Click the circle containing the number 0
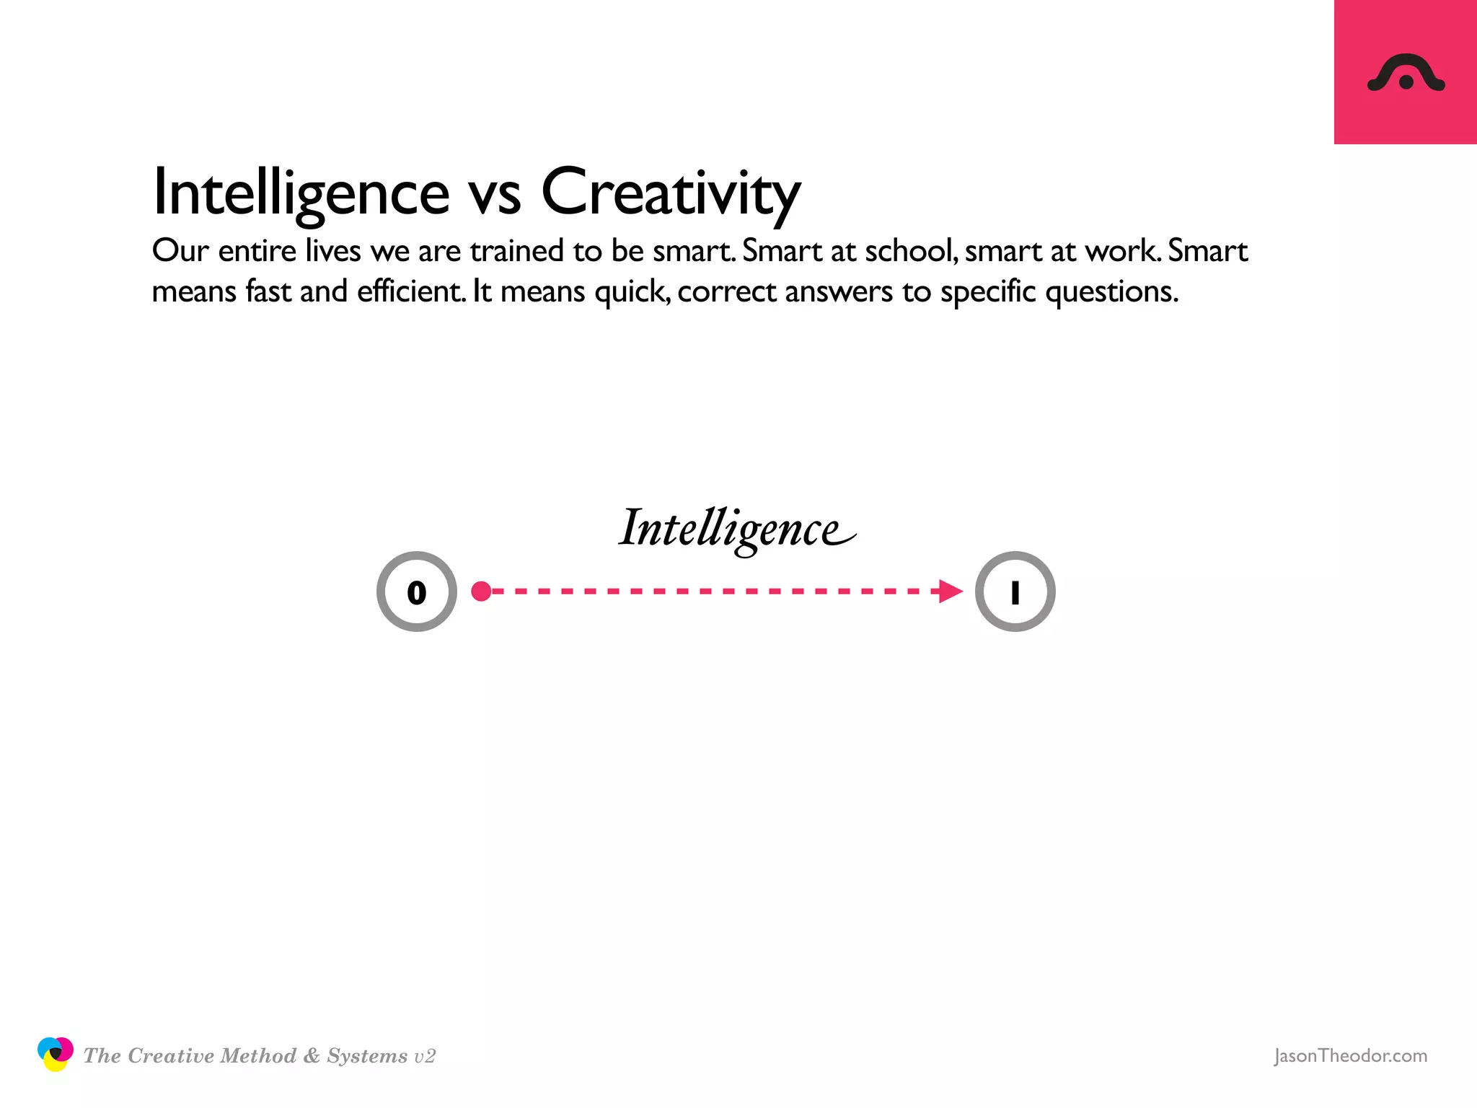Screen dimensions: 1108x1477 tap(417, 592)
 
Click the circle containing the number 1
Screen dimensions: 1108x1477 tap(1015, 592)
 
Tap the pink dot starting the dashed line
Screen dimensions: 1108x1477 tap(481, 592)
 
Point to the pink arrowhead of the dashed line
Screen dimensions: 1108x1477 tap(951, 592)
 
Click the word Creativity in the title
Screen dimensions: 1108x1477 tap(671, 192)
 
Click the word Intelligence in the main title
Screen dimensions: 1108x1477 tap(301, 192)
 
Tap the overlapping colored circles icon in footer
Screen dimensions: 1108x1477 tap(55, 1054)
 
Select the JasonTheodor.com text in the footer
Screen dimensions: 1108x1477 tap(1350, 1055)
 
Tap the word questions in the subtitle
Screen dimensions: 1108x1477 tap(1111, 292)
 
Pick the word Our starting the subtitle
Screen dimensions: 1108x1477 tap(180, 251)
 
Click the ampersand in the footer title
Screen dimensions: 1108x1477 tap(312, 1056)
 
